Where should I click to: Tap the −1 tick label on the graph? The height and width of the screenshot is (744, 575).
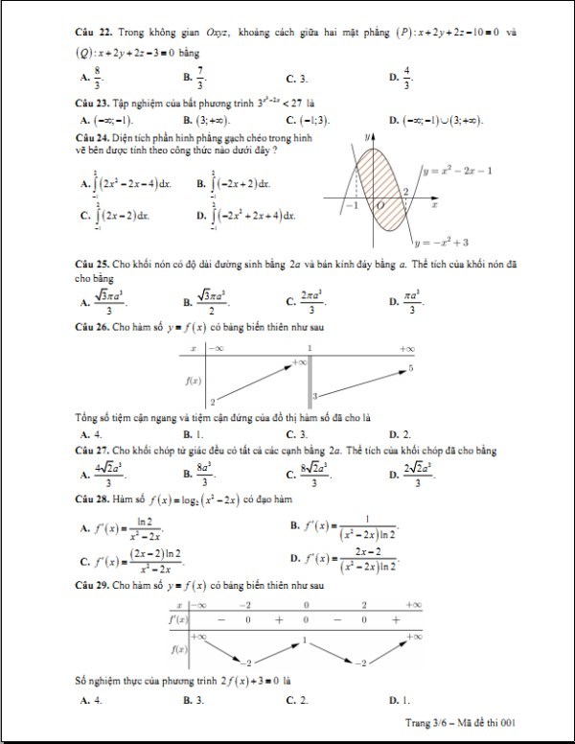[351, 205]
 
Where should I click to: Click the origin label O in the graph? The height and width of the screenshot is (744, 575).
[379, 205]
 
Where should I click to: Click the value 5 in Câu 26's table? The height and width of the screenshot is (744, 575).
[410, 367]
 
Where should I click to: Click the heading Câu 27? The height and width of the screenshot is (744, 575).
[94, 449]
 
